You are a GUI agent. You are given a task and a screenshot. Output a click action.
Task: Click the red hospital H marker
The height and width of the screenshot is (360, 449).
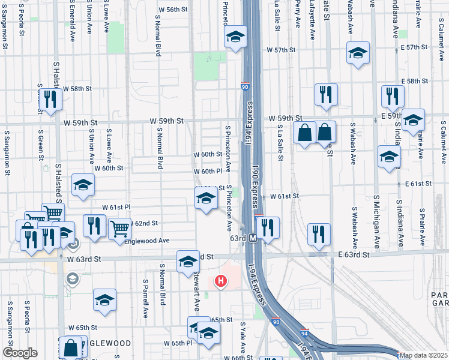[221, 280]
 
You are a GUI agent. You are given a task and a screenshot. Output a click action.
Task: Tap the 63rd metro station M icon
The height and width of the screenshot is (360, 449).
[253, 238]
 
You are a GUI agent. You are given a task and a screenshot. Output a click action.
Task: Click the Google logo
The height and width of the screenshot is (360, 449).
[20, 353]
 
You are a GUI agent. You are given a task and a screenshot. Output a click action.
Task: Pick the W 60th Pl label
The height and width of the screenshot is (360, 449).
[208, 172]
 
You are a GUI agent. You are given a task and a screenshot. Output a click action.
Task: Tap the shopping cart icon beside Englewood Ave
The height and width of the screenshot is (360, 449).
[119, 229]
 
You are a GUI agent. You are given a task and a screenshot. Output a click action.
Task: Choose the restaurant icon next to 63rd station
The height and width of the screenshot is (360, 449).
[268, 227]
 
